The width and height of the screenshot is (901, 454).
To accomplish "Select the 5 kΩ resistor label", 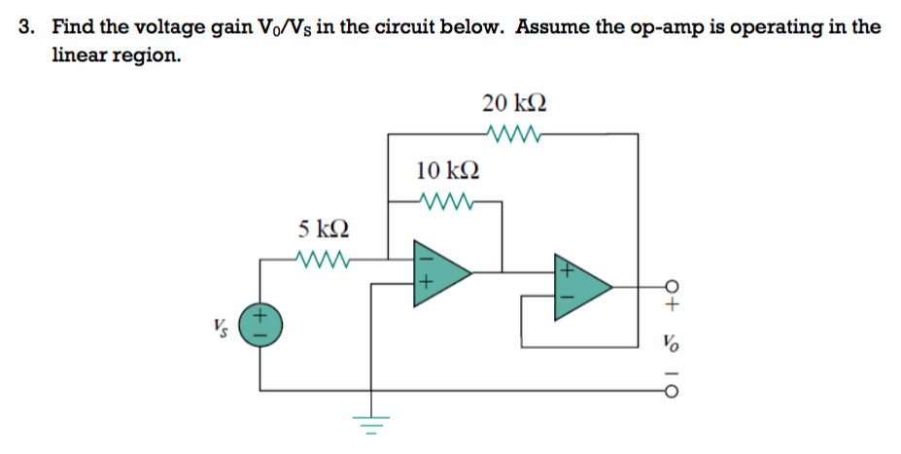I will click(x=324, y=229).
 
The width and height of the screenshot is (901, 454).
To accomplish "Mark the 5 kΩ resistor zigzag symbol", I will click(x=321, y=260).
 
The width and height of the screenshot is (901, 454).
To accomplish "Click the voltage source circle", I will click(x=260, y=323).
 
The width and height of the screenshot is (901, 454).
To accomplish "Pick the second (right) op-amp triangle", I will click(x=579, y=287).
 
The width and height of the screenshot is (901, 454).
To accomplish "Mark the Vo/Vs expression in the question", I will click(x=265, y=27).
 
